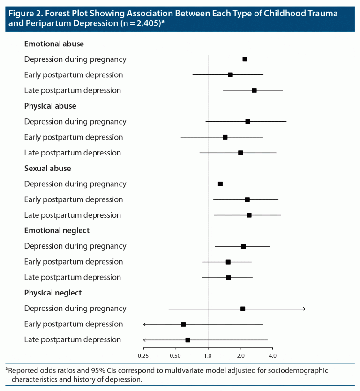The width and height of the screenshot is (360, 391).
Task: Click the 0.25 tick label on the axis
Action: pyautogui.click(x=143, y=356)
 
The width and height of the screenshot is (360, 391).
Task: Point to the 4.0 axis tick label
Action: pyautogui.click(x=272, y=356)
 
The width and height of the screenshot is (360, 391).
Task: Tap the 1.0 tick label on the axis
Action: pyautogui.click(x=208, y=356)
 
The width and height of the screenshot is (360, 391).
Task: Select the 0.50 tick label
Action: pyautogui.click(x=175, y=356)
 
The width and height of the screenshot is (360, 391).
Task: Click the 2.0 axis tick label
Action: pyautogui.click(x=240, y=356)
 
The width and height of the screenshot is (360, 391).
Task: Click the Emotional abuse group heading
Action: pyautogui.click(x=54, y=44)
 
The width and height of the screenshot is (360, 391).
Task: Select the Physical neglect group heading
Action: pyautogui.click(x=53, y=293)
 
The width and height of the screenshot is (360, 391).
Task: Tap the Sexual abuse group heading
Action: pyautogui.click(x=48, y=168)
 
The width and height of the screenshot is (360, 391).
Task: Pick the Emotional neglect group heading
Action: pyautogui.click(x=57, y=230)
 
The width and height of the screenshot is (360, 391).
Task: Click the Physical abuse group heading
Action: pyautogui.click(x=50, y=106)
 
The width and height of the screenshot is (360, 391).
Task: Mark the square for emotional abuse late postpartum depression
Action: pyautogui.click(x=254, y=90)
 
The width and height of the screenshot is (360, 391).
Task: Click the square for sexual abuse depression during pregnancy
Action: pyautogui.click(x=220, y=184)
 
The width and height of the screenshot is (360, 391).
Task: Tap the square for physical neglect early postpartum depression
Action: pyautogui.click(x=183, y=324)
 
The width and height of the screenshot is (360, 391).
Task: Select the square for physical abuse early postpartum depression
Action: pyautogui.click(x=225, y=137)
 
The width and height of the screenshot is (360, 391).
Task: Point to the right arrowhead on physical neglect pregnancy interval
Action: pyautogui.click(x=304, y=309)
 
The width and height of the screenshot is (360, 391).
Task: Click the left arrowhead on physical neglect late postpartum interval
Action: pyautogui.click(x=145, y=340)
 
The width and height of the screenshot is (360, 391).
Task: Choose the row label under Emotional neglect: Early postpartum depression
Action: pyautogui.click(x=74, y=262)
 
